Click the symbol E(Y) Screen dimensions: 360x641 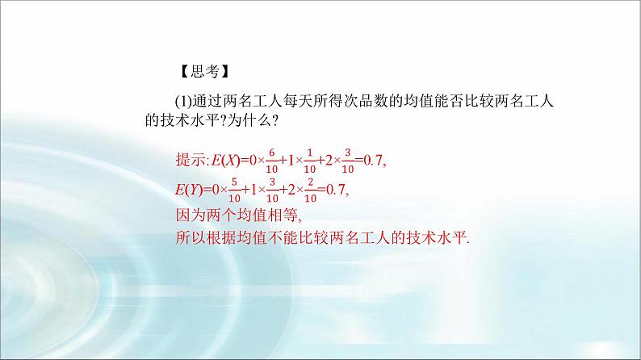189,190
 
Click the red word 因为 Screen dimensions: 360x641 190,216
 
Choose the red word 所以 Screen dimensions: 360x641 190,238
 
